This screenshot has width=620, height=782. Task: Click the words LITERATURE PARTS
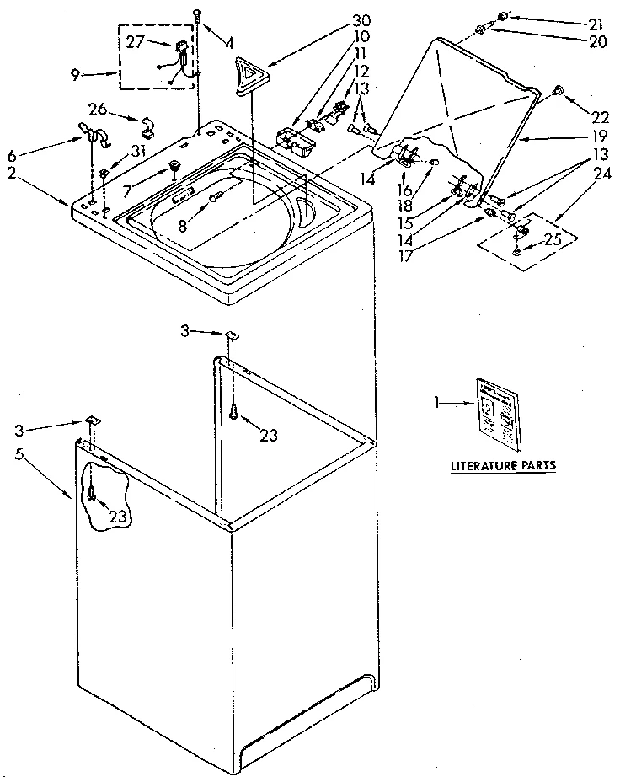tap(503, 464)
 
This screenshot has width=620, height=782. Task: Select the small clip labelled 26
tap(146, 127)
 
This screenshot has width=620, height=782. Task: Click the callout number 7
tap(127, 192)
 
